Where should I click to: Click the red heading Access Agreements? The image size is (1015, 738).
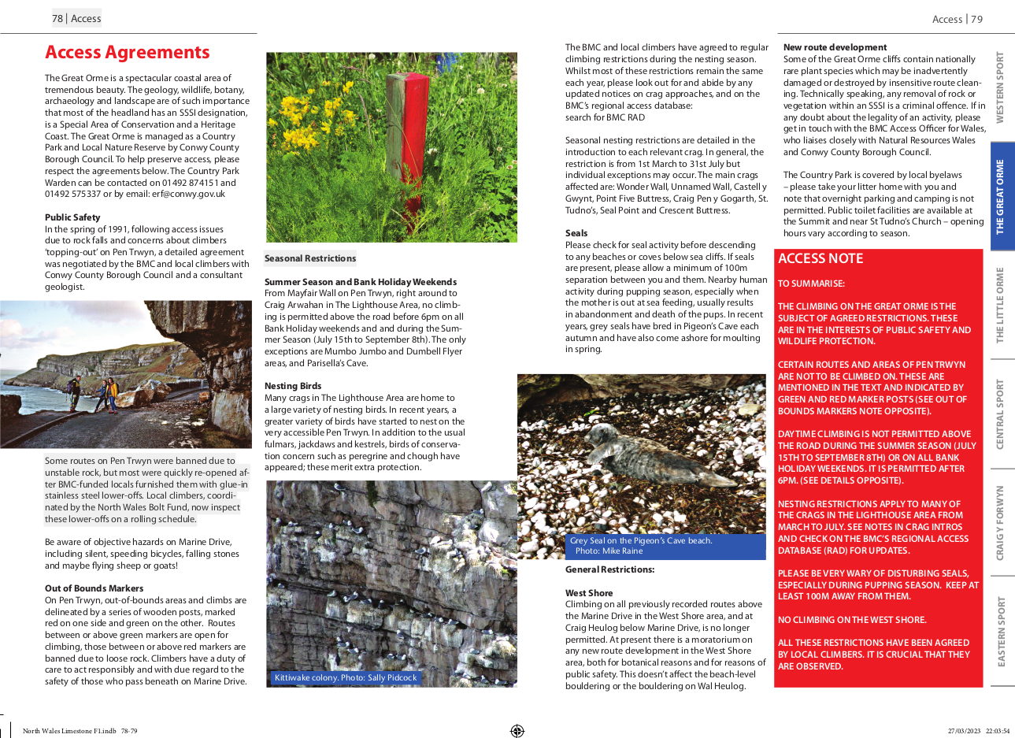pyautogui.click(x=128, y=53)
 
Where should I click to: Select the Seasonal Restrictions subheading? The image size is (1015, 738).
pyautogui.click(x=310, y=258)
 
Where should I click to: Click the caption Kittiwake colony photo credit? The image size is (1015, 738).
pyautogui.click(x=346, y=677)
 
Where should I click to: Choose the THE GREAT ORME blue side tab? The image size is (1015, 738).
pyautogui.click(x=1001, y=197)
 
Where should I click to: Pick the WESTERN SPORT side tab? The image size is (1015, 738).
pyautogui.click(x=1001, y=87)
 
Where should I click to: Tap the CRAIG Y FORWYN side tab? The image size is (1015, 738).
pyautogui.click(x=1001, y=523)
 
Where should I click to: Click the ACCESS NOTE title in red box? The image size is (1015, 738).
pyautogui.click(x=821, y=258)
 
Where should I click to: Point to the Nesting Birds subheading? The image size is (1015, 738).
pyautogui.click(x=293, y=386)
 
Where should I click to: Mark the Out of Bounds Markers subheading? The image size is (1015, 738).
pyautogui.click(x=94, y=588)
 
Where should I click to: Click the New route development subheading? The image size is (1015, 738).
pyautogui.click(x=835, y=47)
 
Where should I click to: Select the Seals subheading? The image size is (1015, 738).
pyautogui.click(x=576, y=233)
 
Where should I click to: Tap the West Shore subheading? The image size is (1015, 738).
pyautogui.click(x=589, y=593)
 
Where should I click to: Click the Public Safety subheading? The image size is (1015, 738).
pyautogui.click(x=72, y=217)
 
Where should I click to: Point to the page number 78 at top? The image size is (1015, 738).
pyautogui.click(x=57, y=19)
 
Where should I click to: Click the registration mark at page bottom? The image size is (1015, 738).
pyautogui.click(x=517, y=731)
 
